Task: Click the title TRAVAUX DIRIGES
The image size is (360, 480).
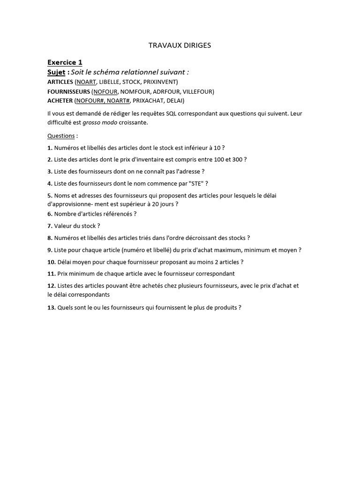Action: tap(180, 45)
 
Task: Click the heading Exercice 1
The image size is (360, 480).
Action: tap(65, 62)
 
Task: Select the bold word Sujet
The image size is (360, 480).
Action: tap(56, 72)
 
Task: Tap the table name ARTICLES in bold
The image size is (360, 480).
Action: tap(60, 82)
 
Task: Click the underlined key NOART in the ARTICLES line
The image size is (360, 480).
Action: tap(86, 82)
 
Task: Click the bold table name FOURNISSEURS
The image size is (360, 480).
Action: tap(68, 91)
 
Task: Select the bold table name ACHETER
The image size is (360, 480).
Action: tap(60, 101)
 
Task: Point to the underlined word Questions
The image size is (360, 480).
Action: tap(61, 136)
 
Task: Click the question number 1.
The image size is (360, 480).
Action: tap(50, 148)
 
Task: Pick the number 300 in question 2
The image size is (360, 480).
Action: tap(237, 159)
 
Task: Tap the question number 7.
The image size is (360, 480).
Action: tap(50, 226)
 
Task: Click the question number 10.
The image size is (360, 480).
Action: tap(52, 262)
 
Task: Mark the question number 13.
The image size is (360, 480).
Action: tap(52, 308)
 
